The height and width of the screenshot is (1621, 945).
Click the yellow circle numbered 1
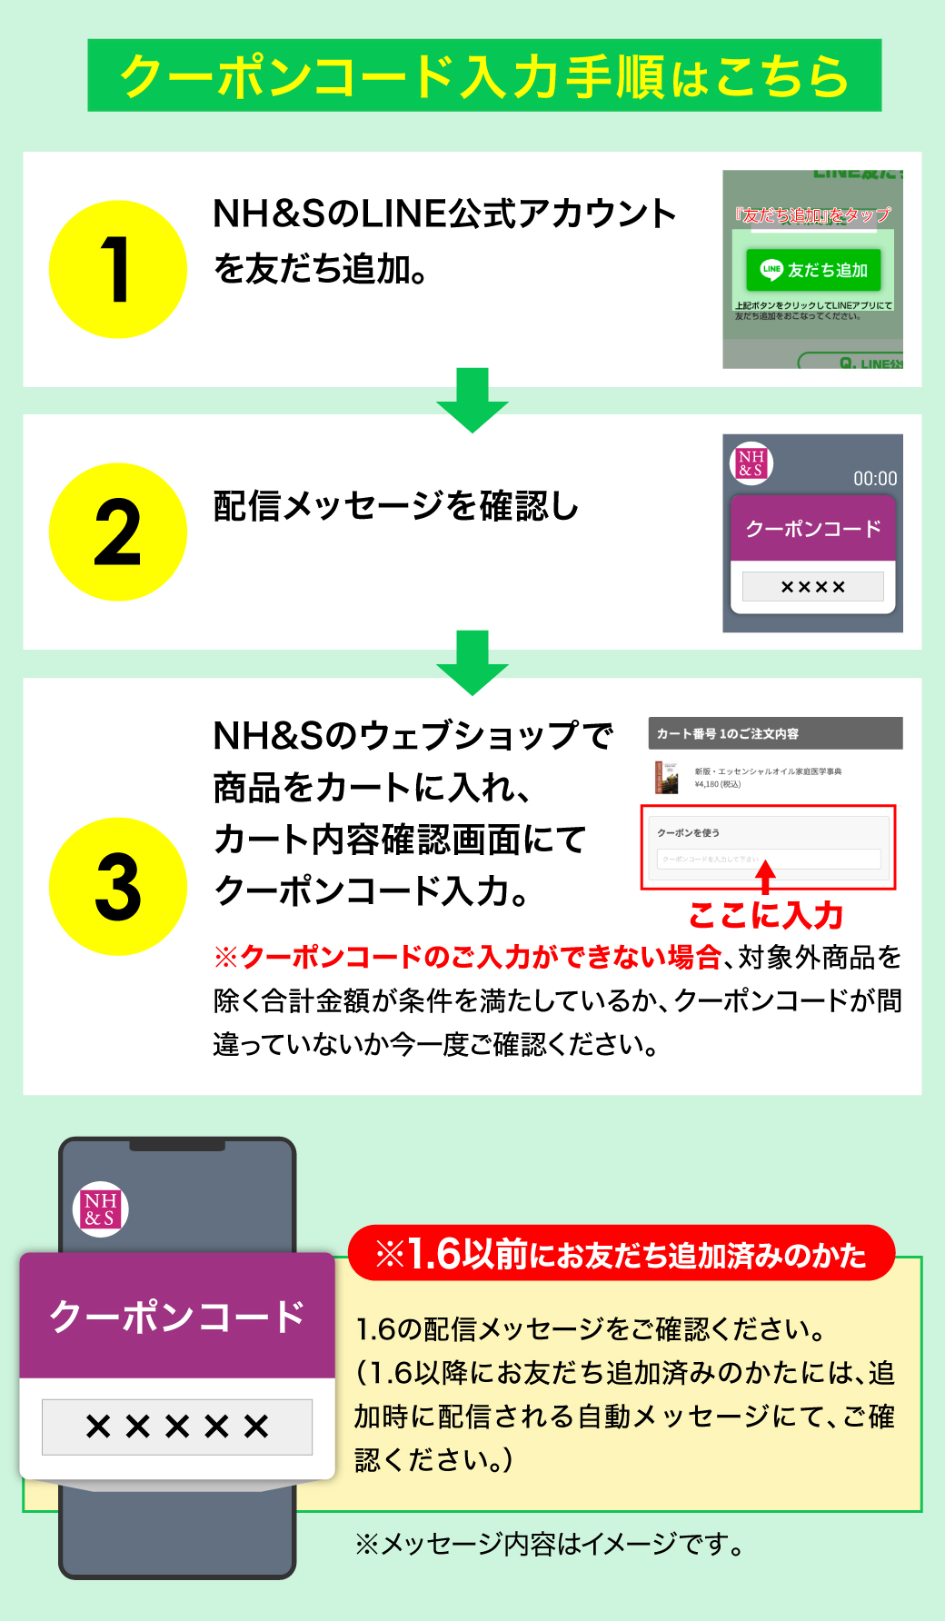point(117,269)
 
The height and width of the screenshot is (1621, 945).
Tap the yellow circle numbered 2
point(117,532)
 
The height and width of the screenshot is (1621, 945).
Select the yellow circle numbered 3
point(117,886)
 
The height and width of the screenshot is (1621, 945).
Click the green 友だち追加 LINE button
point(813,270)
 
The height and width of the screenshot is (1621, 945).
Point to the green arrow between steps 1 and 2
point(472,400)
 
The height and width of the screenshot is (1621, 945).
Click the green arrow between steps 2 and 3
point(472,662)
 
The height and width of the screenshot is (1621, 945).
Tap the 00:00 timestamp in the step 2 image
point(874,479)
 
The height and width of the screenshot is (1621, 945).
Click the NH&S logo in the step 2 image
point(751,462)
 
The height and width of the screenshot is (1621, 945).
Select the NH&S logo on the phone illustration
point(100,1209)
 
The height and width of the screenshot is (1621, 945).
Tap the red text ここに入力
point(766,915)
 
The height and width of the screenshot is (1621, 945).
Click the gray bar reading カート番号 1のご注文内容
point(775,733)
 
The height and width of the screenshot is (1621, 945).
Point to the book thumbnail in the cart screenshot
point(667,777)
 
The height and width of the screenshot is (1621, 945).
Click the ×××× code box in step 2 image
point(812,587)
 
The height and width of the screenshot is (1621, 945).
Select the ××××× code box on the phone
point(177,1427)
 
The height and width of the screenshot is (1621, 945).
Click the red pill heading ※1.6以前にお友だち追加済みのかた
point(622,1254)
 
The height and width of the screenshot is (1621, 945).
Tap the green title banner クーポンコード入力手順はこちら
point(484,75)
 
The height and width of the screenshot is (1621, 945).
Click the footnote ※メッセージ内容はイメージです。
point(549,1543)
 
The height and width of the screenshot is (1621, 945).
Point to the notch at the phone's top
point(177,1145)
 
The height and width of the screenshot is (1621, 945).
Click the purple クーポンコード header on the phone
point(177,1316)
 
